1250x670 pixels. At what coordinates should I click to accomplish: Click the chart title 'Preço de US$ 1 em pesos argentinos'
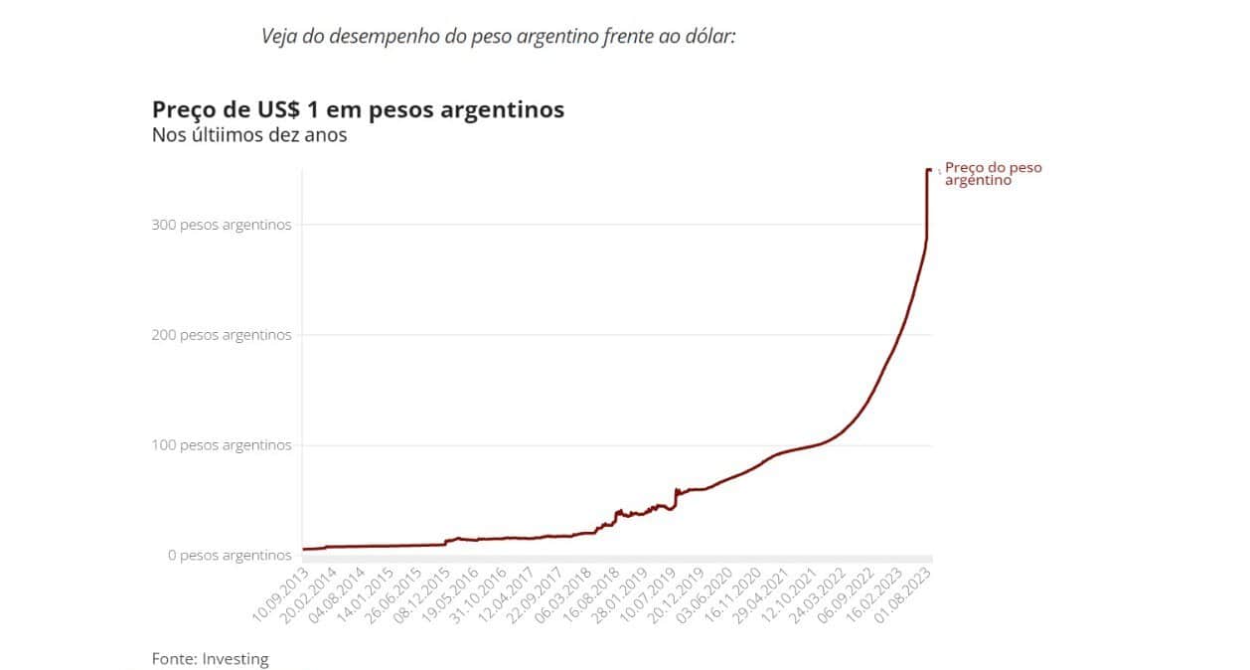pyautogui.click(x=358, y=109)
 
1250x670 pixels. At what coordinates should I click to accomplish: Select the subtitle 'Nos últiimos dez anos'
pyautogui.click(x=249, y=135)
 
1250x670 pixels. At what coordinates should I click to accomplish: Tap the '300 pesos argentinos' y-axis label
pyautogui.click(x=222, y=225)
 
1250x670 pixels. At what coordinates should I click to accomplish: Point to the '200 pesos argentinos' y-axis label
pyautogui.click(x=222, y=335)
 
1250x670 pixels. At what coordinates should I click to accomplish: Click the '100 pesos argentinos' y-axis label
pyautogui.click(x=222, y=445)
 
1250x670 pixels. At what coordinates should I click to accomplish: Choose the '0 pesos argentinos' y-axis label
pyautogui.click(x=230, y=555)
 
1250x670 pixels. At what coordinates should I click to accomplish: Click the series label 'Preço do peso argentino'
pyautogui.click(x=993, y=174)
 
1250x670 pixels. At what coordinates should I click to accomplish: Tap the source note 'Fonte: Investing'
pyautogui.click(x=210, y=658)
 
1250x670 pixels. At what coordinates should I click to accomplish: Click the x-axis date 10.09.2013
pyautogui.click(x=280, y=594)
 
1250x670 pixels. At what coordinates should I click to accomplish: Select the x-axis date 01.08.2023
pyautogui.click(x=904, y=594)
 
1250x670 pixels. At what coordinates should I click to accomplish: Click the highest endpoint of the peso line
pyautogui.click(x=929, y=171)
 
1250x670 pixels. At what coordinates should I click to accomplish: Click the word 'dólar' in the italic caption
pyautogui.click(x=707, y=37)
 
